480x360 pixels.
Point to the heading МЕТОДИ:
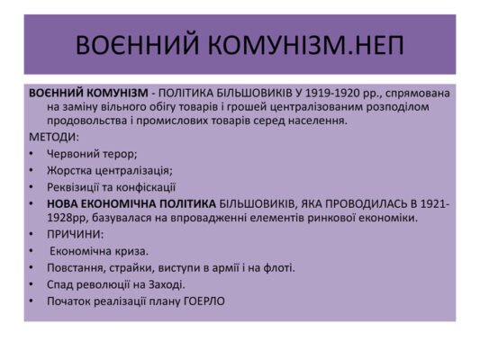click(54, 137)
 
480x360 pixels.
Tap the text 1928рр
click(68, 218)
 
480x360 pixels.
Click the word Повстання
click(77, 267)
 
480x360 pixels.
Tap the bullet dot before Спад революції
click(32, 284)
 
